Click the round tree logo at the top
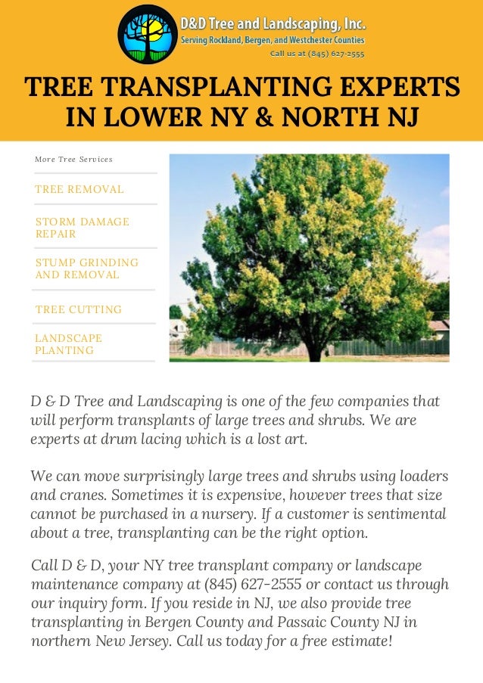pos(147,34)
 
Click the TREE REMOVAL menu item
pos(79,189)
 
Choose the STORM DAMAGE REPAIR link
pos(82,228)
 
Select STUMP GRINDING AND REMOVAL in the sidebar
pos(86,269)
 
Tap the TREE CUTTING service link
pos(78,309)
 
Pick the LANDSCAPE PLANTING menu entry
pos(68,344)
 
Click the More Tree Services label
pos(73,160)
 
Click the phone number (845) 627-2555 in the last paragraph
pos(253,585)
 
